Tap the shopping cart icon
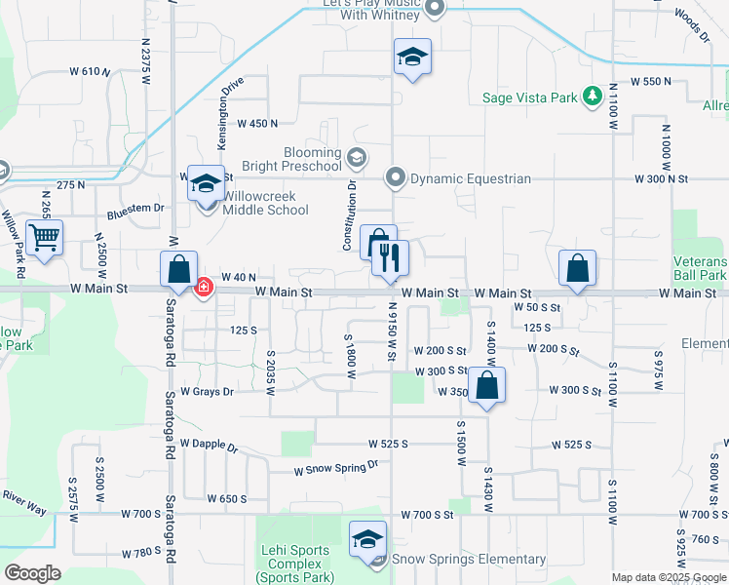(x=44, y=237)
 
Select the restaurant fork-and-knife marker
(x=390, y=258)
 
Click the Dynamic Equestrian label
(x=470, y=178)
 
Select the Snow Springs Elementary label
(x=468, y=559)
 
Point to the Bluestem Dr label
(x=135, y=209)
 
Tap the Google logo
(x=33, y=572)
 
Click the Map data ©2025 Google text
(x=668, y=577)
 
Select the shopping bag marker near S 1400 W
(x=486, y=383)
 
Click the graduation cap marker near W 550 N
(x=412, y=58)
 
